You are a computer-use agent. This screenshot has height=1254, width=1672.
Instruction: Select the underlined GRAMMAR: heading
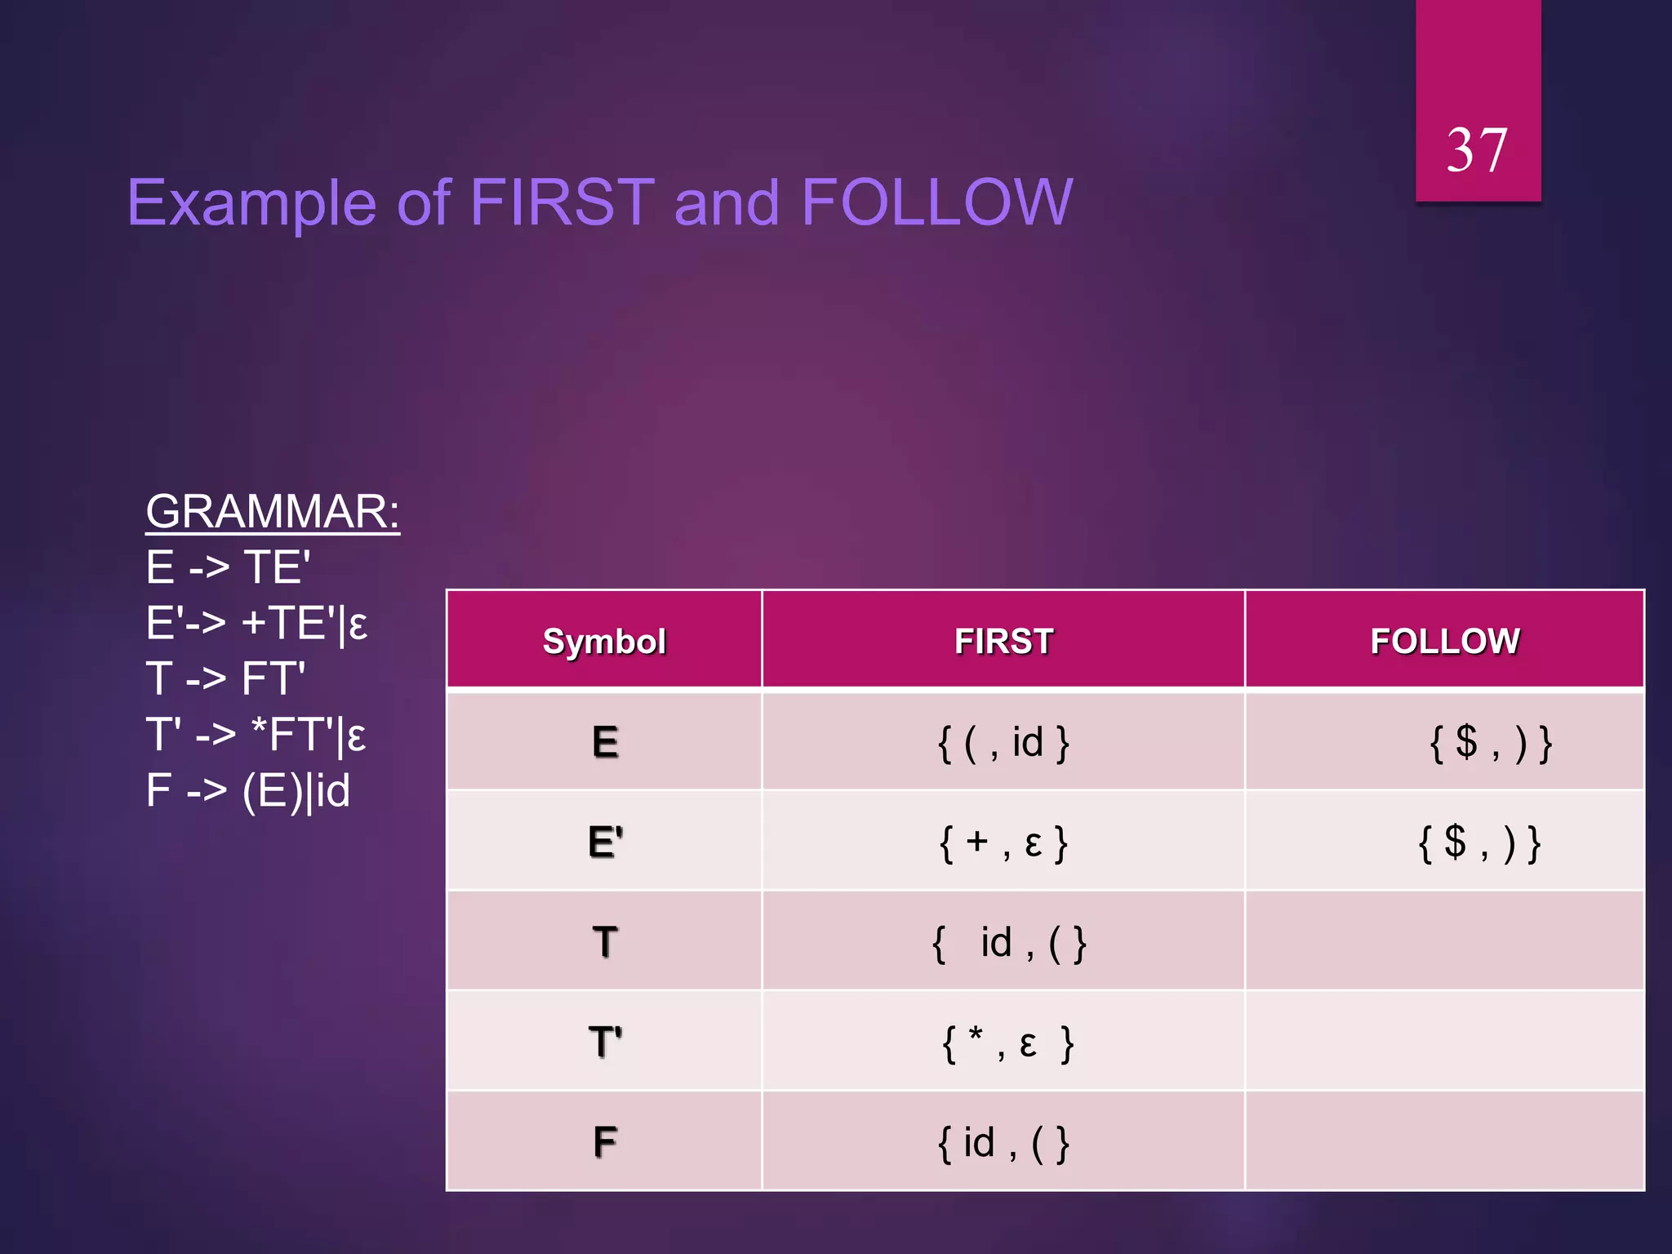273,512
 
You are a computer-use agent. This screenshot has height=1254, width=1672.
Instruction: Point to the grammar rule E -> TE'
229,567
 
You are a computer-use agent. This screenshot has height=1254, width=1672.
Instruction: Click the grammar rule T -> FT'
225,679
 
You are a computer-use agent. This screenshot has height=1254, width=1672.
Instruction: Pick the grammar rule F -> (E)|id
248,790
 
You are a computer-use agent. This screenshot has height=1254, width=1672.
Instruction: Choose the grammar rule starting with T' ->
256,735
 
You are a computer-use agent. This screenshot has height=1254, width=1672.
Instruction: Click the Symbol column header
604,641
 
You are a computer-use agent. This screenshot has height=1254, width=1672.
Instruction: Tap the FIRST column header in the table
1003,641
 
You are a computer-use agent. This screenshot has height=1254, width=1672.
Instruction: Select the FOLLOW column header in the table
1444,641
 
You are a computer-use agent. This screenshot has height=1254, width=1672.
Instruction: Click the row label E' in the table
605,842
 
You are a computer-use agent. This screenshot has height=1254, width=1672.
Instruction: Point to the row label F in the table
605,1141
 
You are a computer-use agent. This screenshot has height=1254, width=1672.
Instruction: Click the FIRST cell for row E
1003,743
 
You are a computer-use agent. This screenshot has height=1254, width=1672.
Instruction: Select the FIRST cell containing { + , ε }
1003,843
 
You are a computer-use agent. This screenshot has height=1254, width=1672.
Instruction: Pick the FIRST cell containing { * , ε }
1007,1043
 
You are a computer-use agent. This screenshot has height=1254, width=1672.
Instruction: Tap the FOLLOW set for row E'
1479,843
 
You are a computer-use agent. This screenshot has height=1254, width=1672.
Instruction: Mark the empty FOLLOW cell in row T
1444,941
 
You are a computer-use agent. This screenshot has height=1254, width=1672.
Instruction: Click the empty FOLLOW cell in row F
1444,1141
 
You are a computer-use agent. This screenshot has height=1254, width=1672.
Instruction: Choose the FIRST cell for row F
1003,1142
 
